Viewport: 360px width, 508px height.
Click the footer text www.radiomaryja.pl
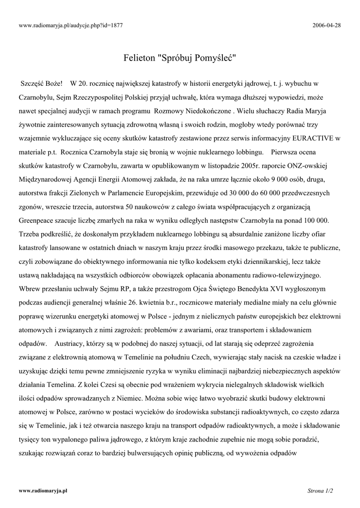(x=43, y=491)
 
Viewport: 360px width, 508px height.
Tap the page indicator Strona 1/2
(x=320, y=491)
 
